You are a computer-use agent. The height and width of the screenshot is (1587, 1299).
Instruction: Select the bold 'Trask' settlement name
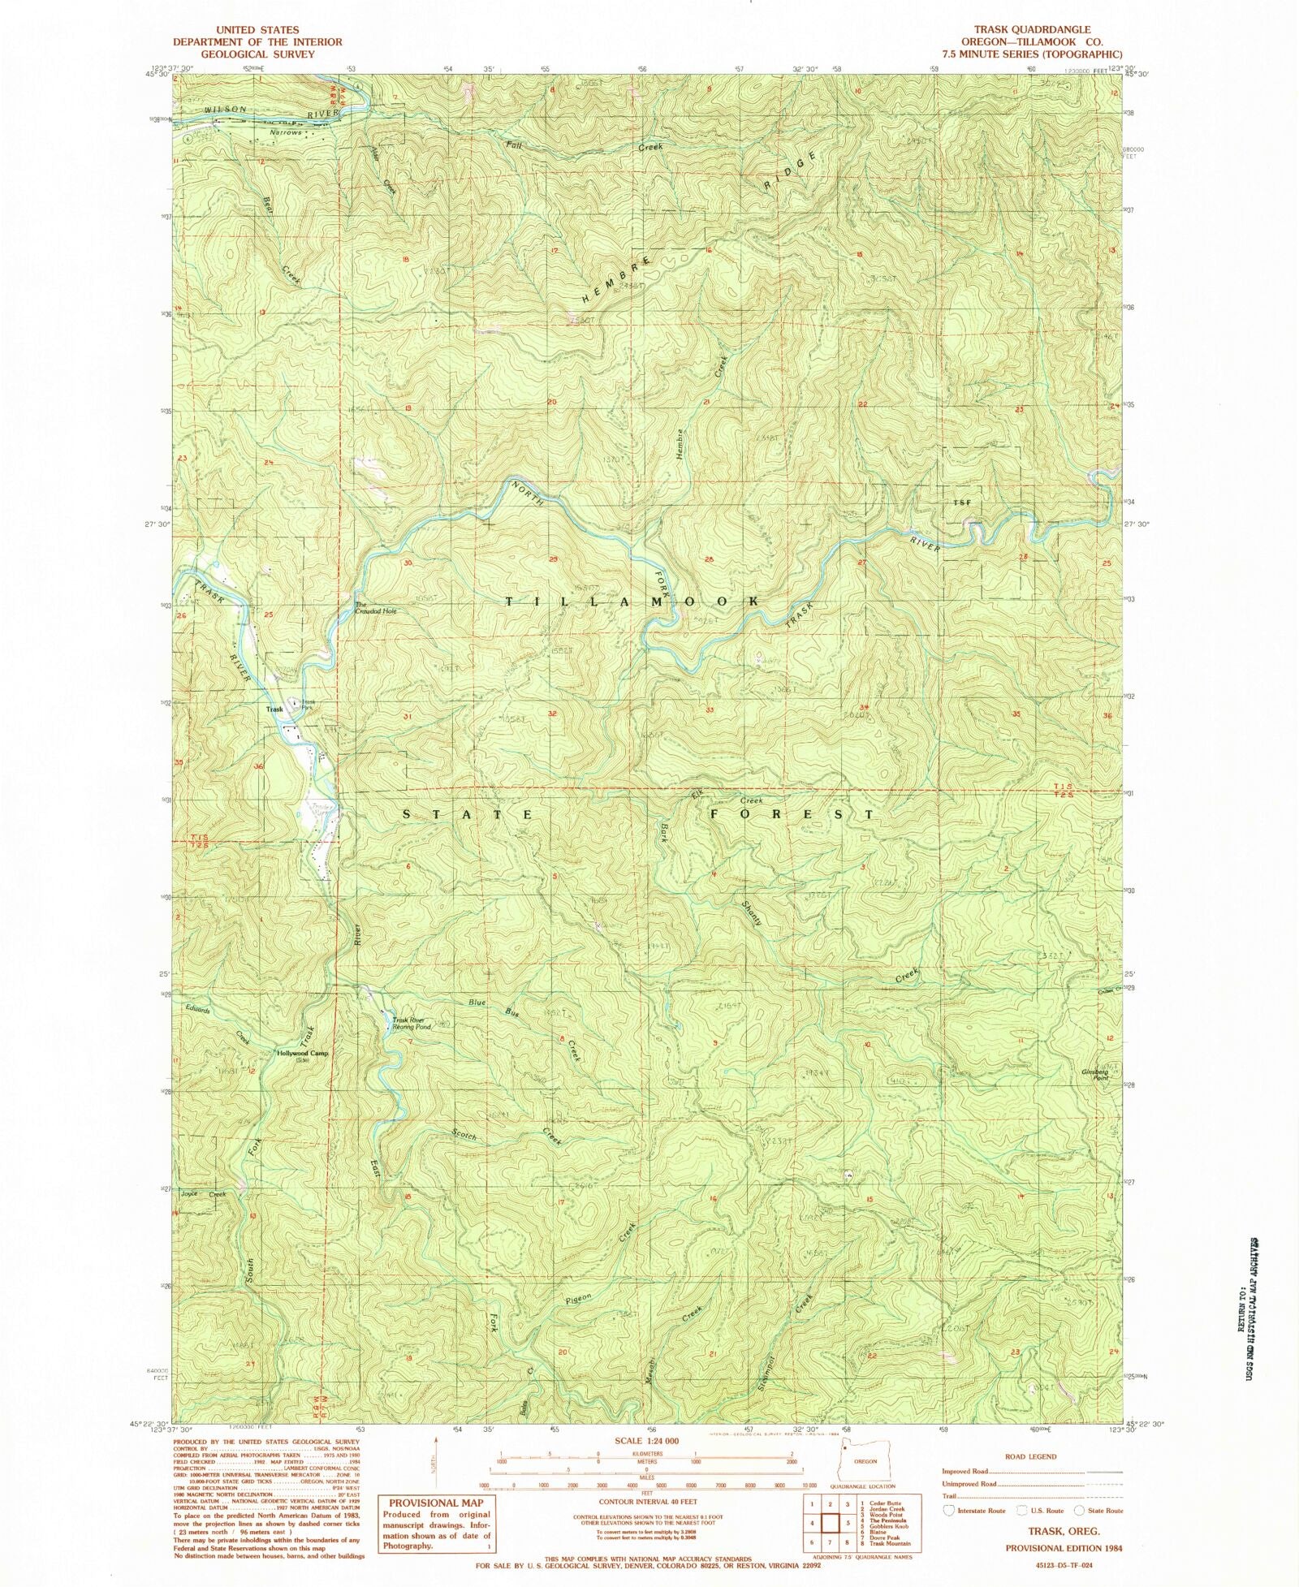[274, 709]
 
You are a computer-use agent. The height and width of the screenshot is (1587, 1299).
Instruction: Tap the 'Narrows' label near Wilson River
[285, 132]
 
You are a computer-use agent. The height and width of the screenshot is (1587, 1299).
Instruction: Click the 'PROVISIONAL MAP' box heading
[436, 1503]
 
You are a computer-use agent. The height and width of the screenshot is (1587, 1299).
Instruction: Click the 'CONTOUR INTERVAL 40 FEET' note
[646, 1502]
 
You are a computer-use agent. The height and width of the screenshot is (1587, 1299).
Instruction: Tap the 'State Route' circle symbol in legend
[1079, 1510]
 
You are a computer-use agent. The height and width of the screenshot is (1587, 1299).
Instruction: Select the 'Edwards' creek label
[197, 1011]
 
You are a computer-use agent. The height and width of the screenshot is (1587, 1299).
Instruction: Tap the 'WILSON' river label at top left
[202, 110]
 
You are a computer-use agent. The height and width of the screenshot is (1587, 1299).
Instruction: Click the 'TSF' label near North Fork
[962, 503]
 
